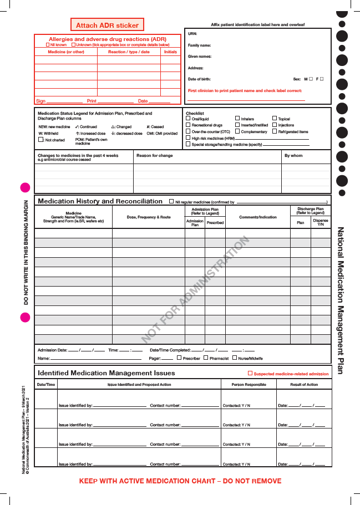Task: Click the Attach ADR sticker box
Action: point(107,25)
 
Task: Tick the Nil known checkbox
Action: point(48,44)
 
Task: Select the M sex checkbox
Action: point(311,79)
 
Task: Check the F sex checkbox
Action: point(322,79)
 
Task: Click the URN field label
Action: point(192,34)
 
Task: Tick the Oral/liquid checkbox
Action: point(188,119)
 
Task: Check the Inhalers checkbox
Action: point(237,119)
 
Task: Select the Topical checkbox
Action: point(274,119)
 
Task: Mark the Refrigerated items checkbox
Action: point(274,132)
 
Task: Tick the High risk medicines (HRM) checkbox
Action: point(188,138)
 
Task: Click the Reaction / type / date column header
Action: point(129,52)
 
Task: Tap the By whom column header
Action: point(293,156)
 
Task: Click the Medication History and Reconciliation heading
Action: point(100,201)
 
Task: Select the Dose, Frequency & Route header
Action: point(149,217)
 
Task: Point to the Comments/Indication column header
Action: point(257,217)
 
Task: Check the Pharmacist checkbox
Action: point(206,358)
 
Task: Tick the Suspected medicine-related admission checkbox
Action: point(250,374)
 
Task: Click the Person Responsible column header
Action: point(247,385)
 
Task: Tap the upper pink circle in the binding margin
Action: point(24,187)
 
